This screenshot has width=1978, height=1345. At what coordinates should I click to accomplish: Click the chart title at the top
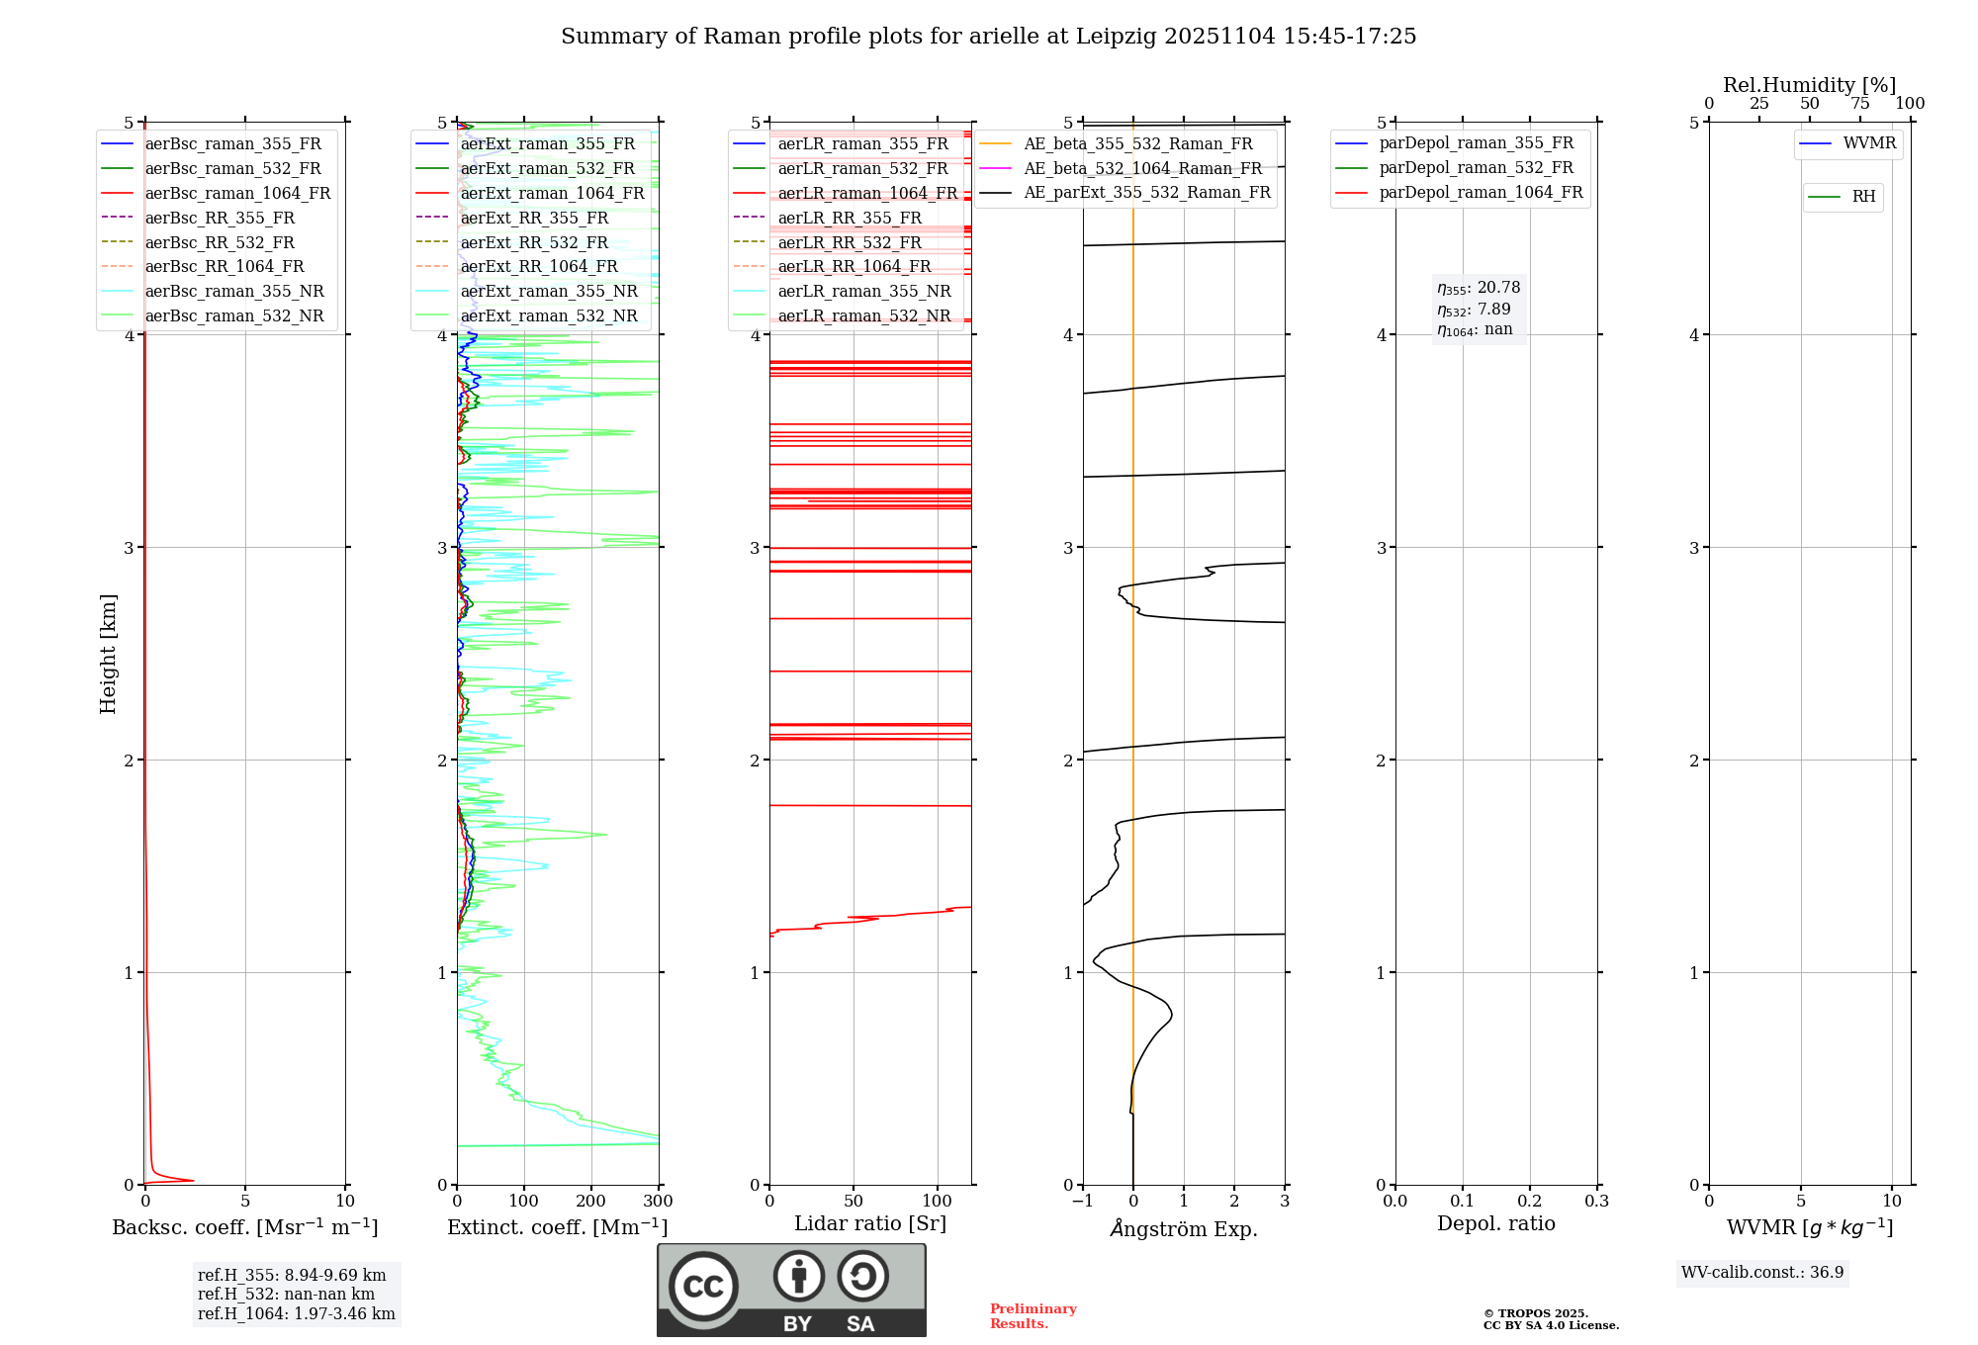pyautogui.click(x=988, y=37)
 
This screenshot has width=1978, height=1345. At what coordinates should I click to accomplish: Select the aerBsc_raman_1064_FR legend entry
pyautogui.click(x=237, y=193)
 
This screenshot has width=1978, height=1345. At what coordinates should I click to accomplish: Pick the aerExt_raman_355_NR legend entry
pyautogui.click(x=549, y=291)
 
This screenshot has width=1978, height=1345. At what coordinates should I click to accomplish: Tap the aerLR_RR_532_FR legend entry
pyautogui.click(x=850, y=242)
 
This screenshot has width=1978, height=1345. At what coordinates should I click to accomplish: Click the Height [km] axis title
pyautogui.click(x=108, y=654)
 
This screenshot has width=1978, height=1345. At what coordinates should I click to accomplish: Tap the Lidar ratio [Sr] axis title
pyautogui.click(x=870, y=1223)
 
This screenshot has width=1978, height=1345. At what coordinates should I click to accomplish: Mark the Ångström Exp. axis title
pyautogui.click(x=1184, y=1228)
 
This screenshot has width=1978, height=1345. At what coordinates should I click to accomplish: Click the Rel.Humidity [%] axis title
pyautogui.click(x=1810, y=85)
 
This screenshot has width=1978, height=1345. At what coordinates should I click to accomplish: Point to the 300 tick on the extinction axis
pyautogui.click(x=658, y=1201)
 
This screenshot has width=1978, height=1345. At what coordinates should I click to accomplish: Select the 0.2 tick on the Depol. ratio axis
pyautogui.click(x=1530, y=1201)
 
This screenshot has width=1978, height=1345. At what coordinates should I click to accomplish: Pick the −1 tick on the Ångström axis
pyautogui.click(x=1083, y=1201)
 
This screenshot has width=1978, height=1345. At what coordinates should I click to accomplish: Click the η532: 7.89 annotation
pyautogui.click(x=1474, y=310)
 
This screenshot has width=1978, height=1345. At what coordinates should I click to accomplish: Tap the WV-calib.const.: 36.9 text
pyautogui.click(x=1762, y=1272)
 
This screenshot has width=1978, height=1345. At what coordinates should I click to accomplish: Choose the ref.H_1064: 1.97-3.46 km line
pyautogui.click(x=296, y=1313)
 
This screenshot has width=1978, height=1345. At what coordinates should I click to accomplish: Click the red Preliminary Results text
pyautogui.click(x=1033, y=1315)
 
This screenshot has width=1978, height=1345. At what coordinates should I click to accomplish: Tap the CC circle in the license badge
pyautogui.click(x=703, y=1286)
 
